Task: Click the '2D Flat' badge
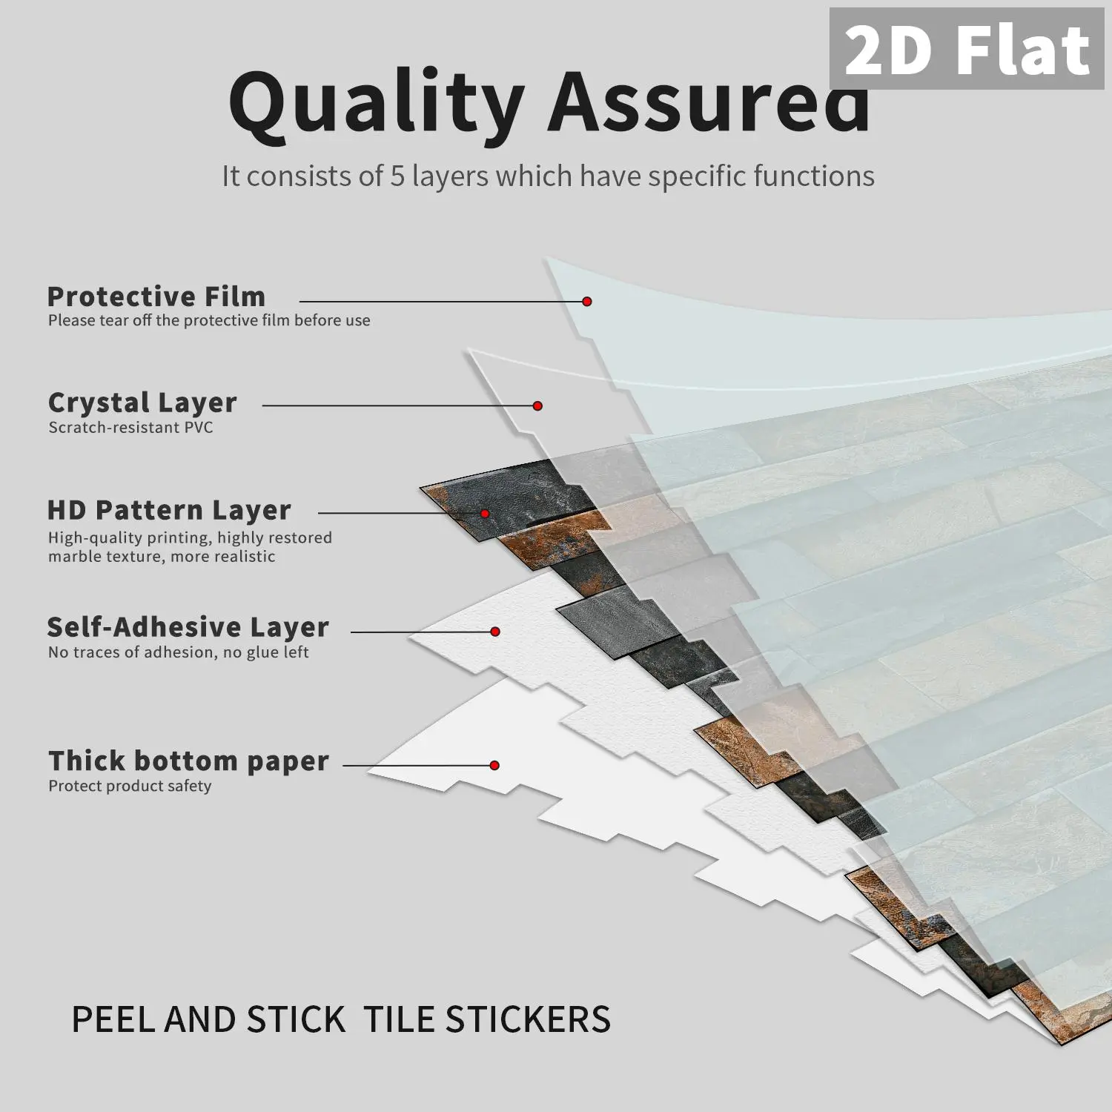(967, 49)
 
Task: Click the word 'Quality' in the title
(377, 103)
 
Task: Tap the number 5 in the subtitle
(397, 176)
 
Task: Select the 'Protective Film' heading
(156, 297)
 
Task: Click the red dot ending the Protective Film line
(587, 302)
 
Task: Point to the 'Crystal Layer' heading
(142, 403)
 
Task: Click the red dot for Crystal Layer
(538, 406)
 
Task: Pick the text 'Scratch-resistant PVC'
(131, 427)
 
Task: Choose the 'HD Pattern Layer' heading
(169, 510)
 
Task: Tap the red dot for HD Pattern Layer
(485, 514)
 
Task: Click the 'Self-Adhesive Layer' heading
(188, 627)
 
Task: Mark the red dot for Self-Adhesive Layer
(495, 632)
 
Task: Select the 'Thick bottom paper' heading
(189, 761)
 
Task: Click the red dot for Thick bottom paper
(494, 765)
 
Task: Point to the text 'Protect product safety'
(130, 786)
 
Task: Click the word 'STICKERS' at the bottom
(528, 1019)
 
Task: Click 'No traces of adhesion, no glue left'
(179, 652)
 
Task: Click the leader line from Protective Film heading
(443, 302)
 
